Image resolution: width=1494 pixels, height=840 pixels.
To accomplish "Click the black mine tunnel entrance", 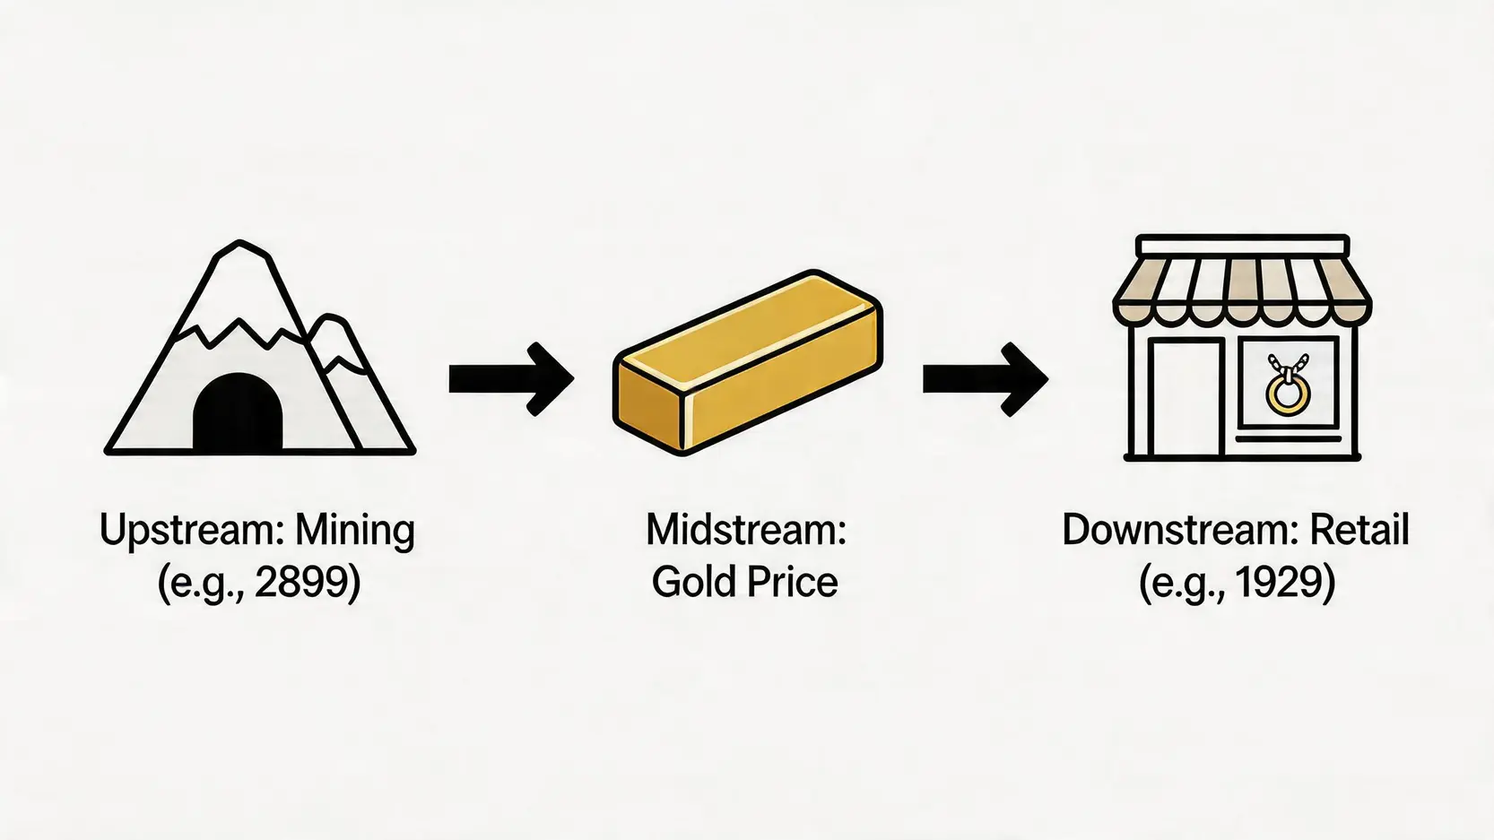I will click(238, 414).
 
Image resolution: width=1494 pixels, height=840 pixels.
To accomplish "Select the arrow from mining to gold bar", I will click(511, 379).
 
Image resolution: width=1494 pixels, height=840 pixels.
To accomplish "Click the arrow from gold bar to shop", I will click(985, 379).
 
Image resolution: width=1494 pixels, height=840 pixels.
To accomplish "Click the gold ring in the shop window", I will click(1288, 394).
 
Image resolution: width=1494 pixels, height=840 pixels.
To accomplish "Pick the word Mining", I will click(355, 531).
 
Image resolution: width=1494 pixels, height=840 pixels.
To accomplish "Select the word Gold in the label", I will click(694, 583).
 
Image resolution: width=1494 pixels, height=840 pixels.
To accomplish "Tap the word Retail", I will click(1359, 531).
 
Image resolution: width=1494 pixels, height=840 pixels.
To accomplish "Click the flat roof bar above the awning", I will click(1242, 245).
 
